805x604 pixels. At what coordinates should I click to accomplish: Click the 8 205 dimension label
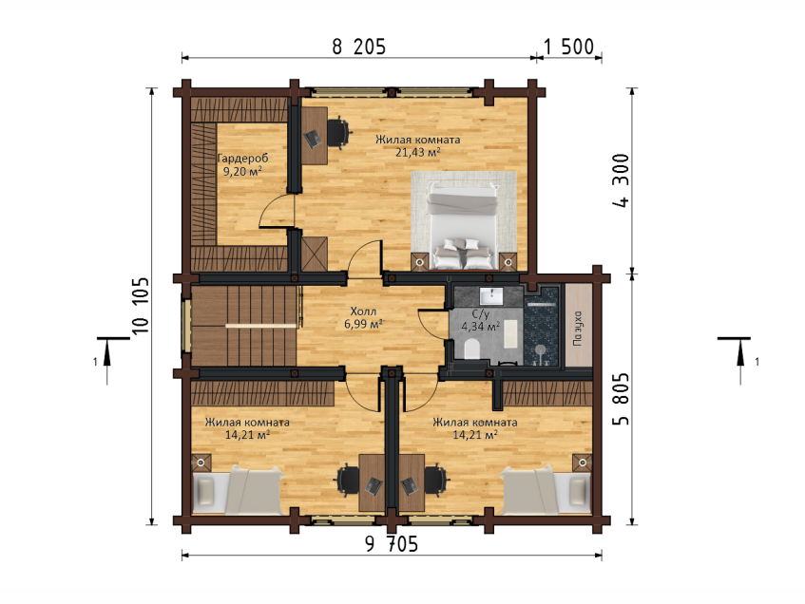(x=358, y=47)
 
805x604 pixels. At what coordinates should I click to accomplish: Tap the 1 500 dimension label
(x=568, y=47)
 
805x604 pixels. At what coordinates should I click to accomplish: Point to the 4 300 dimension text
(x=622, y=180)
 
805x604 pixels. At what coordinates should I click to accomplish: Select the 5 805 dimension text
(x=622, y=399)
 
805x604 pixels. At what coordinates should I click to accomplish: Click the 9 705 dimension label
(x=392, y=544)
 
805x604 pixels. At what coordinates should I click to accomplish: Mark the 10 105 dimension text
(x=140, y=306)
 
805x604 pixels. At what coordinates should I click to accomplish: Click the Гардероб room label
(x=242, y=158)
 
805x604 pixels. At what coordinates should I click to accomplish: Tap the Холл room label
(x=363, y=311)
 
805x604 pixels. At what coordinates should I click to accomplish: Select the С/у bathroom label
(x=481, y=314)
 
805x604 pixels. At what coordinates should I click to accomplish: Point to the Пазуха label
(x=578, y=328)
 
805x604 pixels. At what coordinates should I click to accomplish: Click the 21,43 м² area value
(x=418, y=152)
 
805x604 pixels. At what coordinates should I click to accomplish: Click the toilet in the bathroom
(x=471, y=349)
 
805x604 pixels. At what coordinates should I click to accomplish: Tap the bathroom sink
(x=491, y=296)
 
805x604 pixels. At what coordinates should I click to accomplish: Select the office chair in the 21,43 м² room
(x=339, y=132)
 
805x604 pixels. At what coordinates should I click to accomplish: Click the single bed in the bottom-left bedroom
(x=238, y=490)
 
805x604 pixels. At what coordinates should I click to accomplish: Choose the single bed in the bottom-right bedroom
(x=546, y=490)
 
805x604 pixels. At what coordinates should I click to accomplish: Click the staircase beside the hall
(x=244, y=326)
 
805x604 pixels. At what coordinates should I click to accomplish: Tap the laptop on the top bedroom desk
(x=312, y=138)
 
